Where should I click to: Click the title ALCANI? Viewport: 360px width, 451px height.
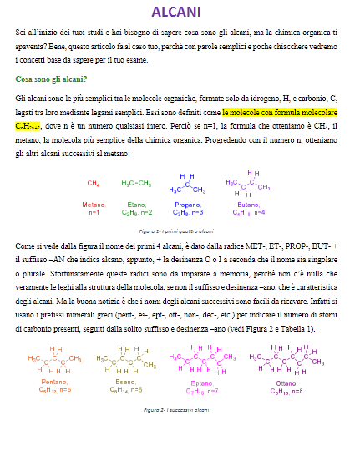pyautogui.click(x=175, y=12)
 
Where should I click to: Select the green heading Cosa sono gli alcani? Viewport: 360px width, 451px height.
pyautogui.click(x=51, y=79)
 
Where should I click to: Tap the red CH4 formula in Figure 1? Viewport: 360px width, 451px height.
pyautogui.click(x=94, y=182)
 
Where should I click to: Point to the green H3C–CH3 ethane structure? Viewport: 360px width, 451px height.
pyautogui.click(x=136, y=182)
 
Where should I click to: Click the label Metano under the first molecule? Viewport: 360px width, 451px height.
pyautogui.click(x=94, y=205)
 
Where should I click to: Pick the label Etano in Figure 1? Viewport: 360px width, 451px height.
pyautogui.click(x=136, y=205)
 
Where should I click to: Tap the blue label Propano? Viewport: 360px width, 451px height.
pyautogui.click(x=188, y=205)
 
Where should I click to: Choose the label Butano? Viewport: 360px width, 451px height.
pyautogui.click(x=248, y=205)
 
